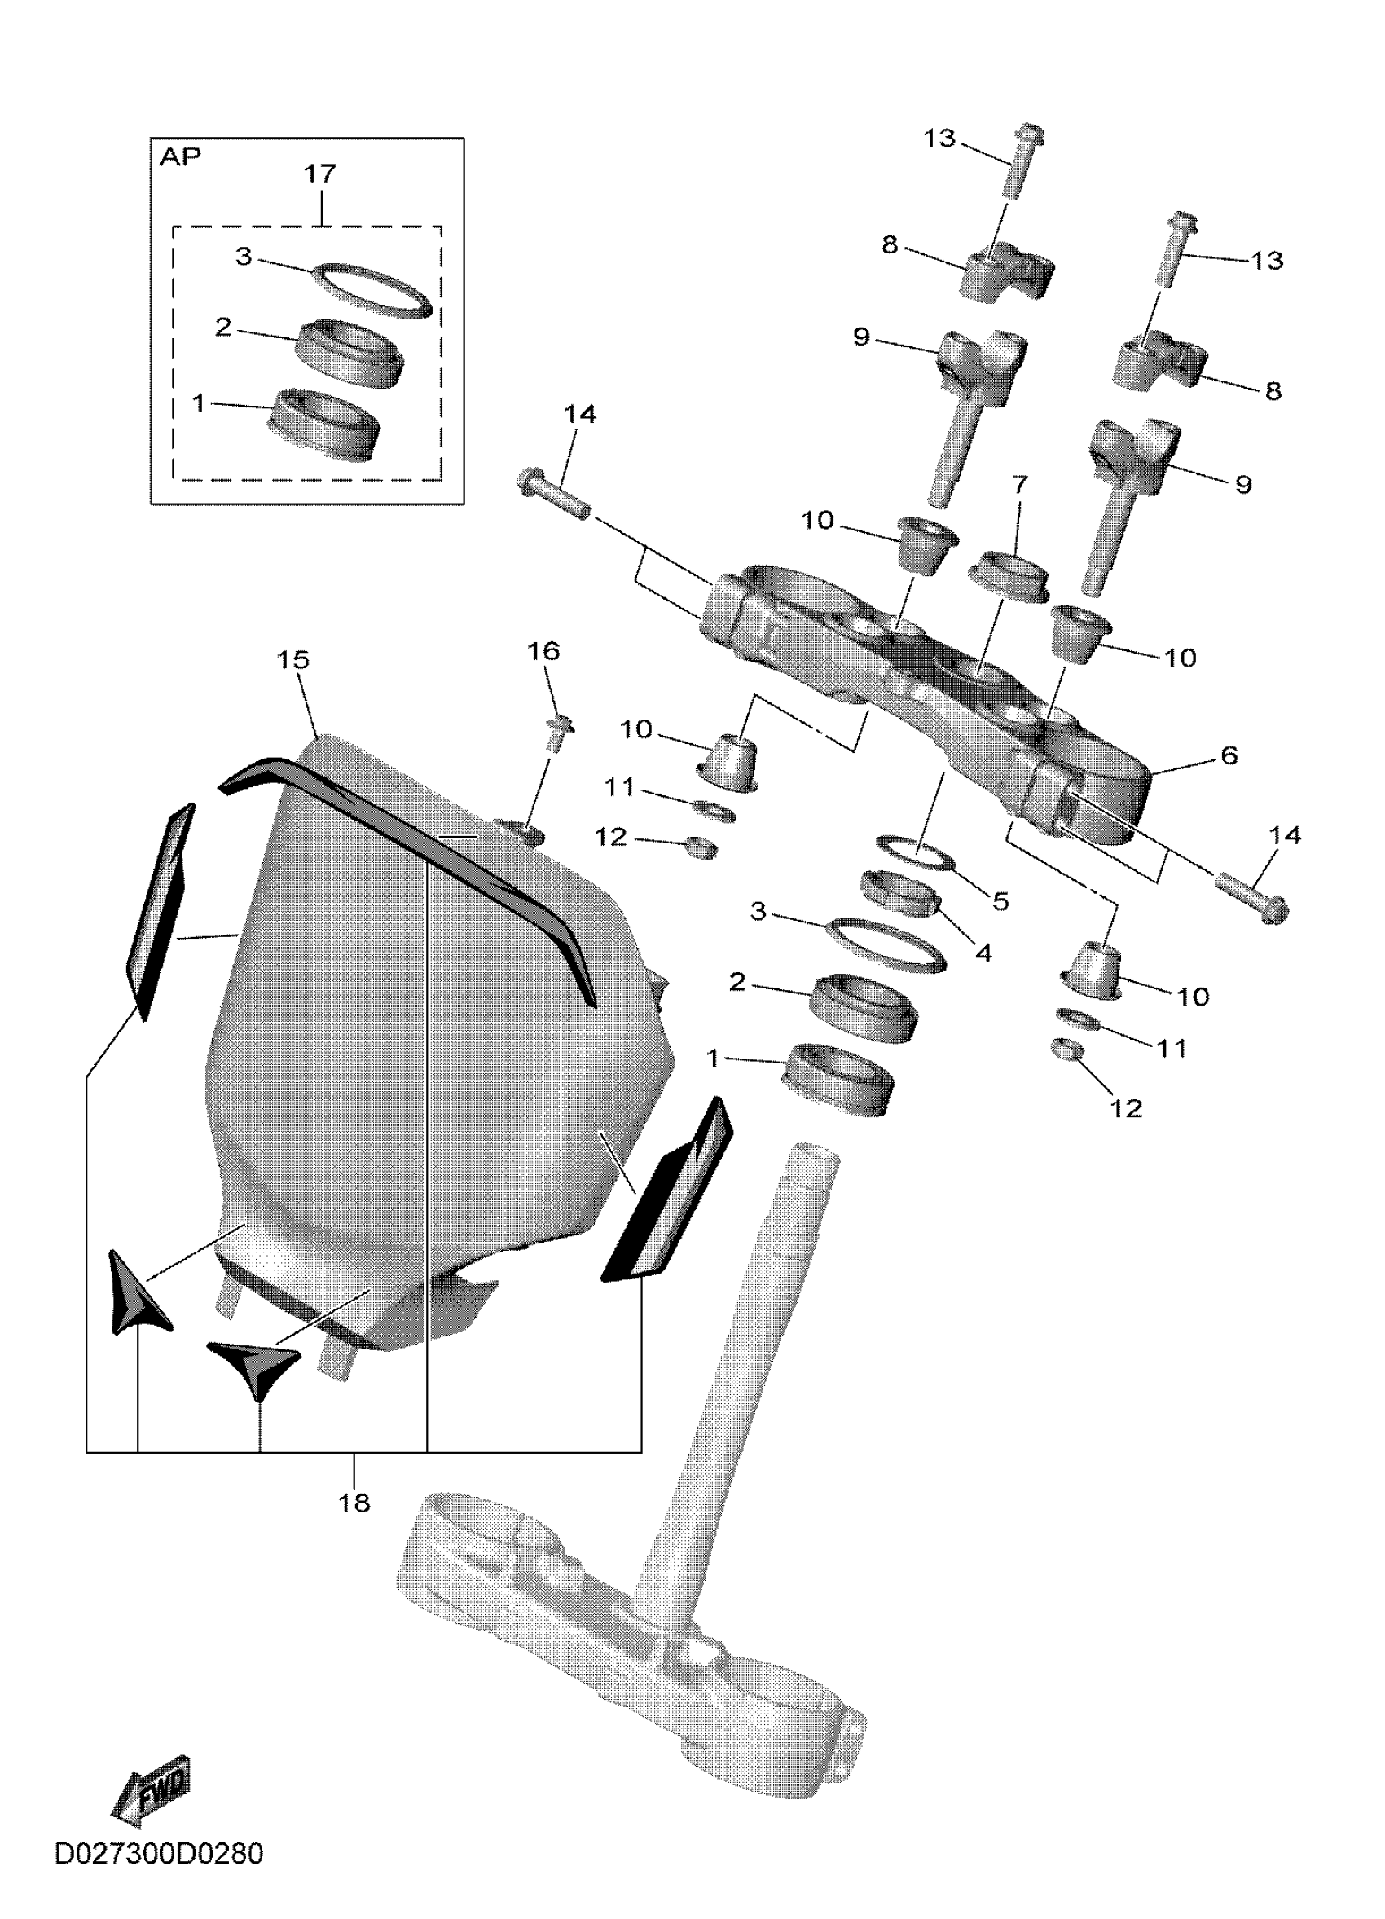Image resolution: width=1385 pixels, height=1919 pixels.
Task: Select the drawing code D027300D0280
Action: pos(158,1877)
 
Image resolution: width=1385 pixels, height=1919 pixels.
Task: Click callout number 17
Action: pos(320,174)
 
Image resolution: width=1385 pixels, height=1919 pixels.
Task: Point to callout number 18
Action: pos(354,1503)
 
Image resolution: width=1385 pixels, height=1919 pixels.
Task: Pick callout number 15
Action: pos(293,659)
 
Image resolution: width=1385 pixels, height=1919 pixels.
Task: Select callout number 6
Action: pos(1229,755)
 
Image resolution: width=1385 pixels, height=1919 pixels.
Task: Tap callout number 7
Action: pos(1019,485)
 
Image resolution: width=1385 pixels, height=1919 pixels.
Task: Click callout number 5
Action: pos(1000,901)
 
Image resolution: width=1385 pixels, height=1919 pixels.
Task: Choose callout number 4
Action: pos(983,953)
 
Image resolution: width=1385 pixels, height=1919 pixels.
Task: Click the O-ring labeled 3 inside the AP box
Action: pos(372,289)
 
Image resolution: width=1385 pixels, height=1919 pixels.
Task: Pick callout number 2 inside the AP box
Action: pos(223,327)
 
